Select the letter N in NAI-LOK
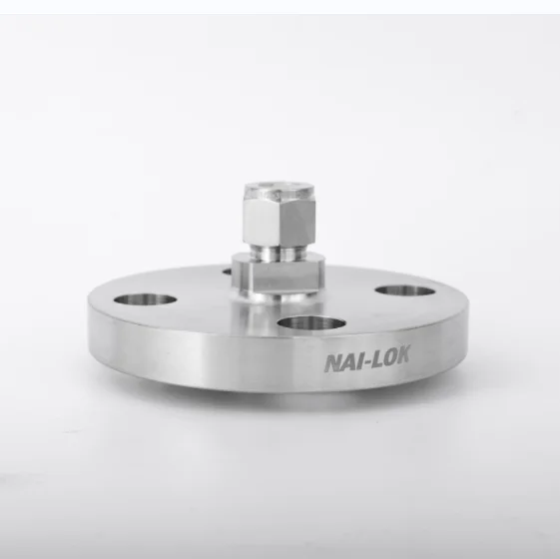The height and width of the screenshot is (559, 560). click(x=331, y=363)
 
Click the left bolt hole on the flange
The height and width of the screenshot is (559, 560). click(x=144, y=298)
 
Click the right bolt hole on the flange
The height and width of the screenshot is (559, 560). click(x=405, y=291)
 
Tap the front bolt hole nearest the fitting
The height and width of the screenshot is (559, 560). click(x=310, y=323)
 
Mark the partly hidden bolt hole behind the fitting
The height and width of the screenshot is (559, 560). click(x=226, y=268)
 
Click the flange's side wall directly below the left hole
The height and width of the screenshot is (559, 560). click(x=144, y=349)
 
